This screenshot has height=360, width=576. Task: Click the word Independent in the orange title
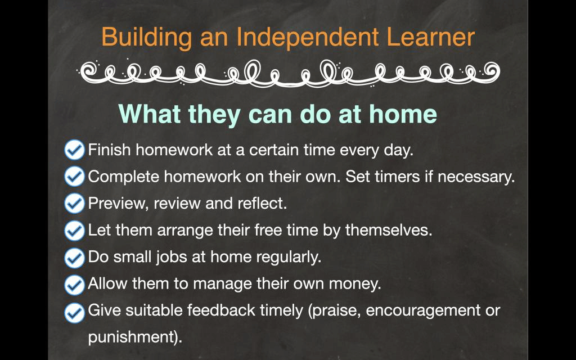(307, 38)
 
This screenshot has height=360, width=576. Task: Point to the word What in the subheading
(150, 114)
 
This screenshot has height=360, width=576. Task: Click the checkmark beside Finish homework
(75, 150)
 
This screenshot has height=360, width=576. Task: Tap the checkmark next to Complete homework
(75, 176)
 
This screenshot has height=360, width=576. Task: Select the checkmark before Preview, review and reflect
(75, 204)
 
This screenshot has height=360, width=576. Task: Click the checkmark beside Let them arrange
(75, 230)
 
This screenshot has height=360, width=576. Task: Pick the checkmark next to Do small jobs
(75, 258)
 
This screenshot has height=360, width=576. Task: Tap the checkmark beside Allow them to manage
(75, 285)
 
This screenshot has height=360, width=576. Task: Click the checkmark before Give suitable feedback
(75, 313)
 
